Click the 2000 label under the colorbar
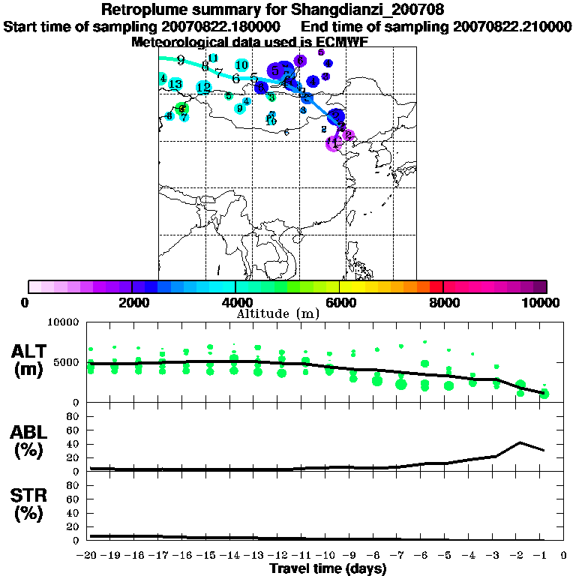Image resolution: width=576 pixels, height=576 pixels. [132, 302]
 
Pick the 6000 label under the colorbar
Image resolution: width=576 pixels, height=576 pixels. [339, 302]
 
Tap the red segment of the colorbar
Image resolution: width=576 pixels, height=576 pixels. [436, 286]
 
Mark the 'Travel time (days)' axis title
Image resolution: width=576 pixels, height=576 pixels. [328, 568]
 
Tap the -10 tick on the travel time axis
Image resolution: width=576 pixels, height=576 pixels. [328, 555]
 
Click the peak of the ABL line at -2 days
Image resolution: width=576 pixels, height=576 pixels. [520, 442]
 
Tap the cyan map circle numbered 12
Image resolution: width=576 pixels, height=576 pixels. [203, 88]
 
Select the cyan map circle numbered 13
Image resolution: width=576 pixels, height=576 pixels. [175, 84]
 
